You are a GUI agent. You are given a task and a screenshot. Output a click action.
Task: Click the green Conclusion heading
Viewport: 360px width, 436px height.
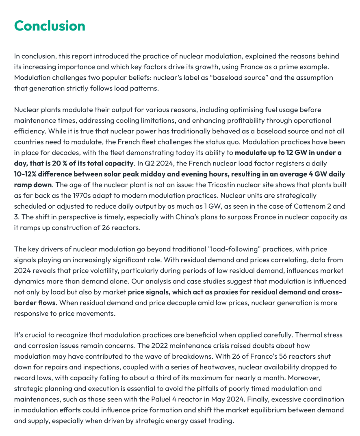pos(50,26)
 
